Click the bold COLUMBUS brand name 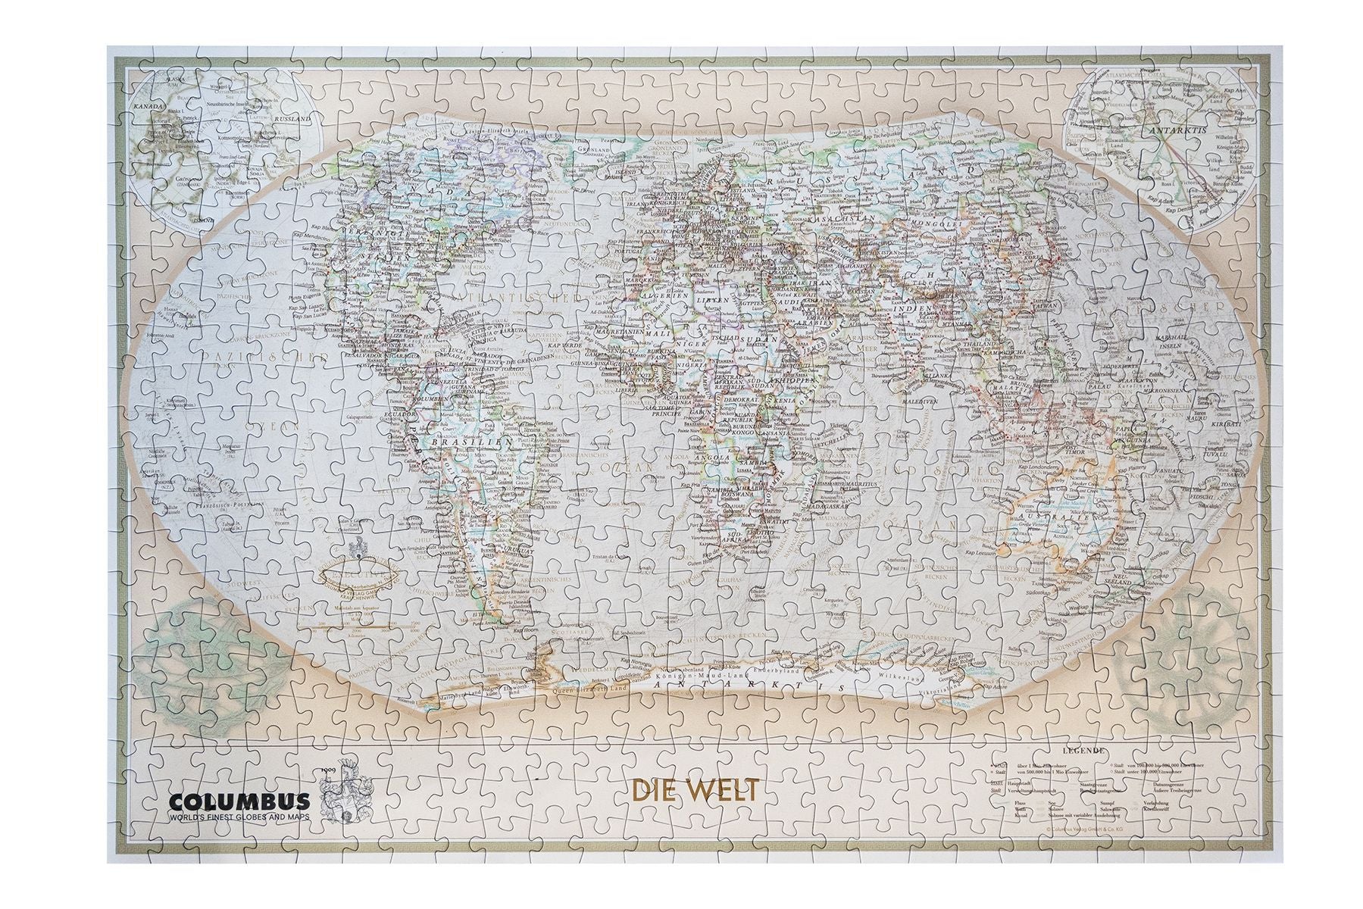point(239,801)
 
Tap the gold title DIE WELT point(695,790)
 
